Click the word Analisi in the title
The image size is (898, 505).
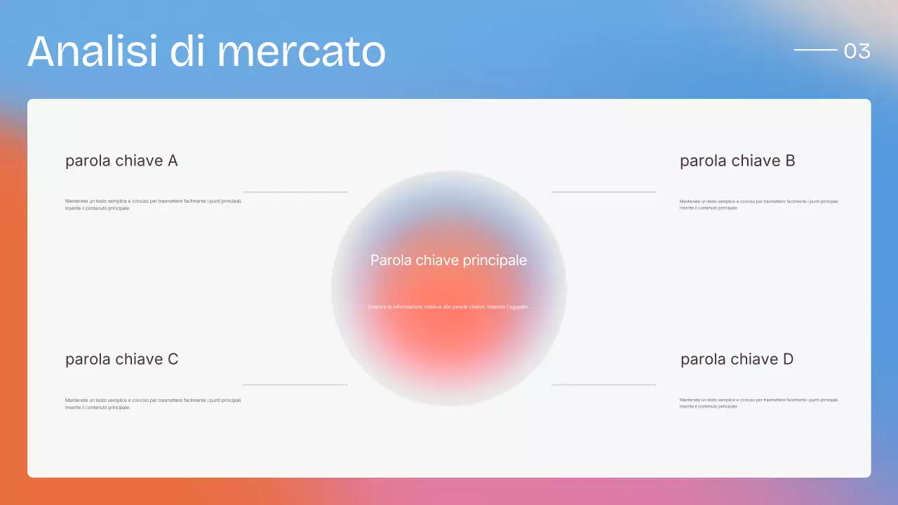tap(91, 50)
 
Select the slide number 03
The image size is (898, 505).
tap(857, 50)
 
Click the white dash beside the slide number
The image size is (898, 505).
tap(815, 50)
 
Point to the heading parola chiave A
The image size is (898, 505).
tap(121, 161)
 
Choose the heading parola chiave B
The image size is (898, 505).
tap(737, 161)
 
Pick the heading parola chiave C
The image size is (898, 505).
tap(122, 359)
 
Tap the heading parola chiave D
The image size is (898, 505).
tap(737, 359)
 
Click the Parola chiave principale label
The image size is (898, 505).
tap(448, 260)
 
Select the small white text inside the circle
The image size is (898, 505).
tap(448, 307)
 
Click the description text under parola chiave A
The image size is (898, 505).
tap(153, 204)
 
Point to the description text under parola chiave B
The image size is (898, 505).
tap(759, 204)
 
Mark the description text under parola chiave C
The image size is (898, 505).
tap(153, 403)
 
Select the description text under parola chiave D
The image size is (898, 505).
tap(759, 403)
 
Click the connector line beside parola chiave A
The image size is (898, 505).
tap(295, 191)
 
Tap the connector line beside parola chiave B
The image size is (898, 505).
tap(603, 191)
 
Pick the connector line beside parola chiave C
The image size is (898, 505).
tap(295, 384)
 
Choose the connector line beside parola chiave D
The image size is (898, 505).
tap(603, 384)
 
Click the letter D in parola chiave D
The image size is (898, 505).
tap(787, 359)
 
